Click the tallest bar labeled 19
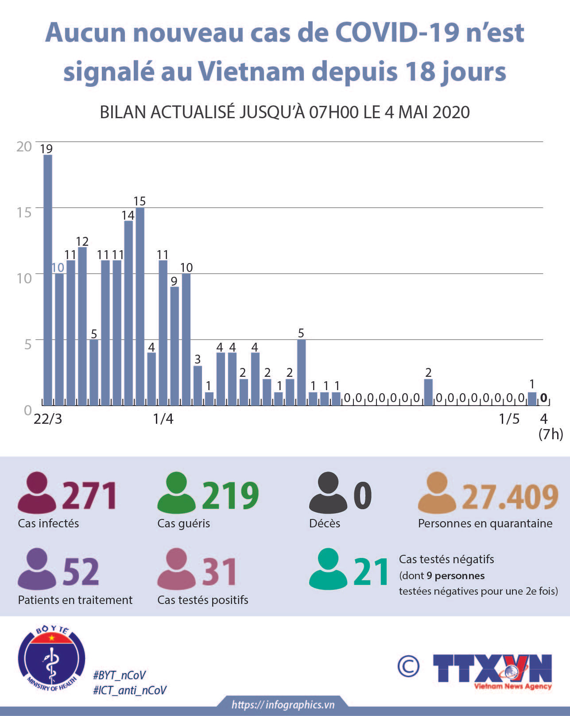click(x=48, y=280)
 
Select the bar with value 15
click(x=140, y=306)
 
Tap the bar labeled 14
click(x=128, y=313)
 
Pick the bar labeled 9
click(x=174, y=346)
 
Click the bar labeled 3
click(x=198, y=385)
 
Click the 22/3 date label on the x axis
click(x=48, y=419)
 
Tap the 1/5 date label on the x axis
click(x=509, y=419)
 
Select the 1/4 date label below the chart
click(x=163, y=419)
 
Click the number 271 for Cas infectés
click(x=90, y=496)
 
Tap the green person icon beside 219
click(x=176, y=493)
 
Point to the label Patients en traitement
click(x=75, y=600)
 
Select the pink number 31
click(x=219, y=572)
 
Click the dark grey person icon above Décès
click(x=328, y=493)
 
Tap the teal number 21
click(x=371, y=573)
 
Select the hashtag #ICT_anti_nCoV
click(x=129, y=690)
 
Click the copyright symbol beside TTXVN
click(x=408, y=666)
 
